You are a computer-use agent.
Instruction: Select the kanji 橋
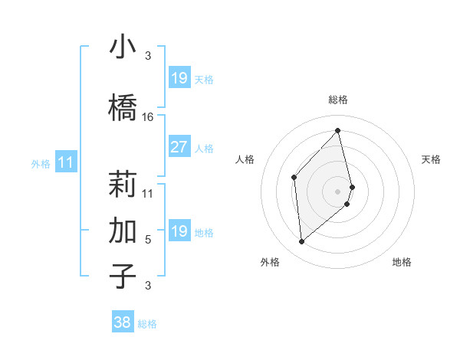pos(123,108)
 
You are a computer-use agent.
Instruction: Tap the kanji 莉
pos(123,184)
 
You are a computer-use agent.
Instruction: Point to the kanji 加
pos(123,230)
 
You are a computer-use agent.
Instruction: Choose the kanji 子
pos(123,276)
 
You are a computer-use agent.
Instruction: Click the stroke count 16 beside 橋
pos(148,117)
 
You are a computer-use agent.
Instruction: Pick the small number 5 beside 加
pos(148,240)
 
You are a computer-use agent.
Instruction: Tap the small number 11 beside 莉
pos(148,193)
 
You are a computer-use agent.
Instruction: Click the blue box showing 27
pos(179,147)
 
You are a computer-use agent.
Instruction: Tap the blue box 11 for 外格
pos(66,162)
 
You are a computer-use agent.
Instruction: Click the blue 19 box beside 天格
pos(179,78)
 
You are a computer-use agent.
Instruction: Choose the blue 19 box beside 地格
pos(179,231)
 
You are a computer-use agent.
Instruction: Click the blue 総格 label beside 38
pos(147,324)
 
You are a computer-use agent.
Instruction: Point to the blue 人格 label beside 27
pos(204,149)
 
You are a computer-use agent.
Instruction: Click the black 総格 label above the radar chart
pos(338,100)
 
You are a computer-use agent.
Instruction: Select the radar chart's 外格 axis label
pos(271,262)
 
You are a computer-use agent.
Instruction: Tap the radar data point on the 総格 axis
pos(338,131)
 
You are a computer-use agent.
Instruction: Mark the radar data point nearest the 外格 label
pos(302,242)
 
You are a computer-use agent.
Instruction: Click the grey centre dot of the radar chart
pos(338,191)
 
